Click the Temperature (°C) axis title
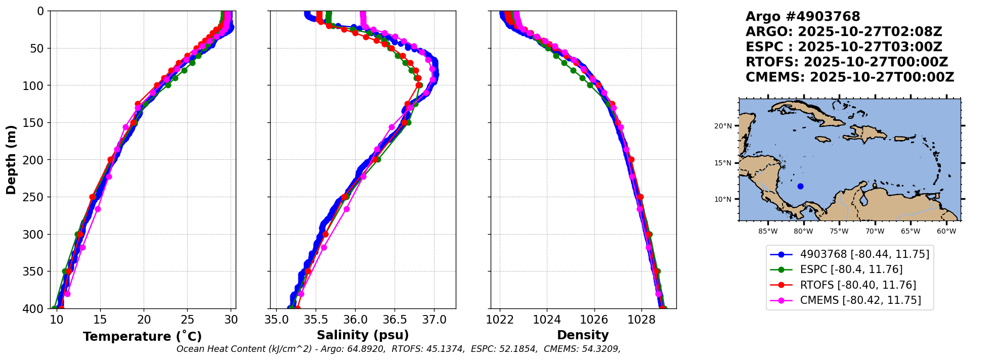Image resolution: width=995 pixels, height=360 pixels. pyautogui.click(x=142, y=337)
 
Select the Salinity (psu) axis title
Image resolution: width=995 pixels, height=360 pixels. pyautogui.click(x=363, y=335)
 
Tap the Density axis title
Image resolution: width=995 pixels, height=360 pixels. pyautogui.click(x=583, y=335)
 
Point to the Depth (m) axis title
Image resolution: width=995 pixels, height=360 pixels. pyautogui.click(x=11, y=160)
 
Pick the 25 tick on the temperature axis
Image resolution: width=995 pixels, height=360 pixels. pyautogui.click(x=187, y=320)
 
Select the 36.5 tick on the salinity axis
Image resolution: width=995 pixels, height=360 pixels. pyautogui.click(x=395, y=320)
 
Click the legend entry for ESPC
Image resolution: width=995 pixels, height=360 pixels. pyautogui.click(x=851, y=269)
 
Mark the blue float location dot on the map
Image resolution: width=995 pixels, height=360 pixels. pyautogui.click(x=800, y=187)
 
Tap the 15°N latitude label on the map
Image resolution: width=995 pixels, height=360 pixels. pyautogui.click(x=723, y=163)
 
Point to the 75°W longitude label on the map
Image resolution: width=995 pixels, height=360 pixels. pyautogui.click(x=839, y=232)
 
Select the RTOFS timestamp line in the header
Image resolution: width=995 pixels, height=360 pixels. pyautogui.click(x=846, y=62)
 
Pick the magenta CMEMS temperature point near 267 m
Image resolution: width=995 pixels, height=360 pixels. pyautogui.click(x=98, y=209)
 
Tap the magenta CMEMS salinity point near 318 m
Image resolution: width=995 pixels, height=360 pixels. pyautogui.click(x=324, y=247)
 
